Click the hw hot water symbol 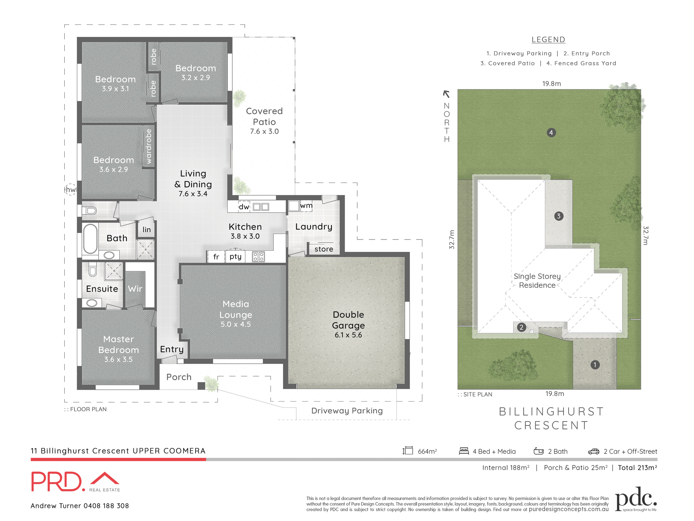click(x=70, y=189)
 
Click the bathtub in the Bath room click(x=90, y=238)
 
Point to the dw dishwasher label click(x=244, y=207)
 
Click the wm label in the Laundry click(x=306, y=206)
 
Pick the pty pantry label click(x=235, y=257)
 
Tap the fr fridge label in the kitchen click(x=216, y=257)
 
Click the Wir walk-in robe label click(x=135, y=289)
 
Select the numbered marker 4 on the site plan click(x=551, y=133)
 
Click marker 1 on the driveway click(x=595, y=365)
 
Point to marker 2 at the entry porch click(x=521, y=327)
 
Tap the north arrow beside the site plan click(x=446, y=94)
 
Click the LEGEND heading click(x=548, y=40)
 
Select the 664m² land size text click(x=427, y=452)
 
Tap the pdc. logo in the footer click(x=635, y=499)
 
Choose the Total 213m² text click(x=637, y=468)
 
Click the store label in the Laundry click(x=324, y=249)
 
